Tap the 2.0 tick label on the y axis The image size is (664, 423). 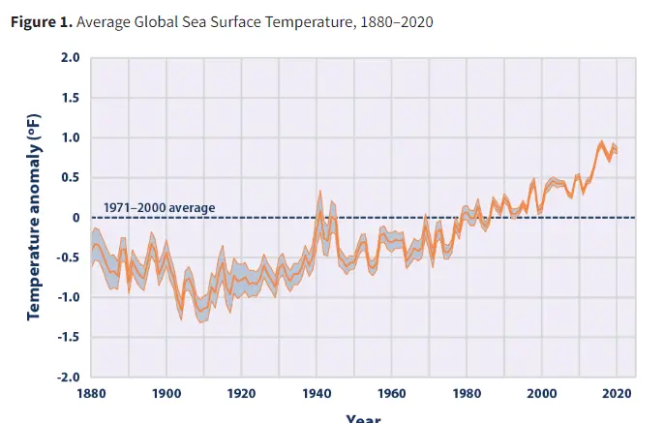(70, 58)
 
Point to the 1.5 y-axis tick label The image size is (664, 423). (70, 98)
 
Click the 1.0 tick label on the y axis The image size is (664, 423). (70, 137)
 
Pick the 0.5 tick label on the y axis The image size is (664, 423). (70, 177)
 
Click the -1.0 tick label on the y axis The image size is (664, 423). (67, 297)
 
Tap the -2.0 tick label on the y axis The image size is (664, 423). (67, 377)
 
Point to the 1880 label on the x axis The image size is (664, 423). (91, 394)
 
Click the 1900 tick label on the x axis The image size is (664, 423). (166, 394)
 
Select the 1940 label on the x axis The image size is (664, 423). (317, 394)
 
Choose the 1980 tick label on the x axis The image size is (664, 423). (467, 394)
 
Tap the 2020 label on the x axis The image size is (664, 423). (618, 394)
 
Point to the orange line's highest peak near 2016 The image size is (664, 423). (601, 144)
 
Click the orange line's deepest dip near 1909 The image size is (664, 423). (200, 311)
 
